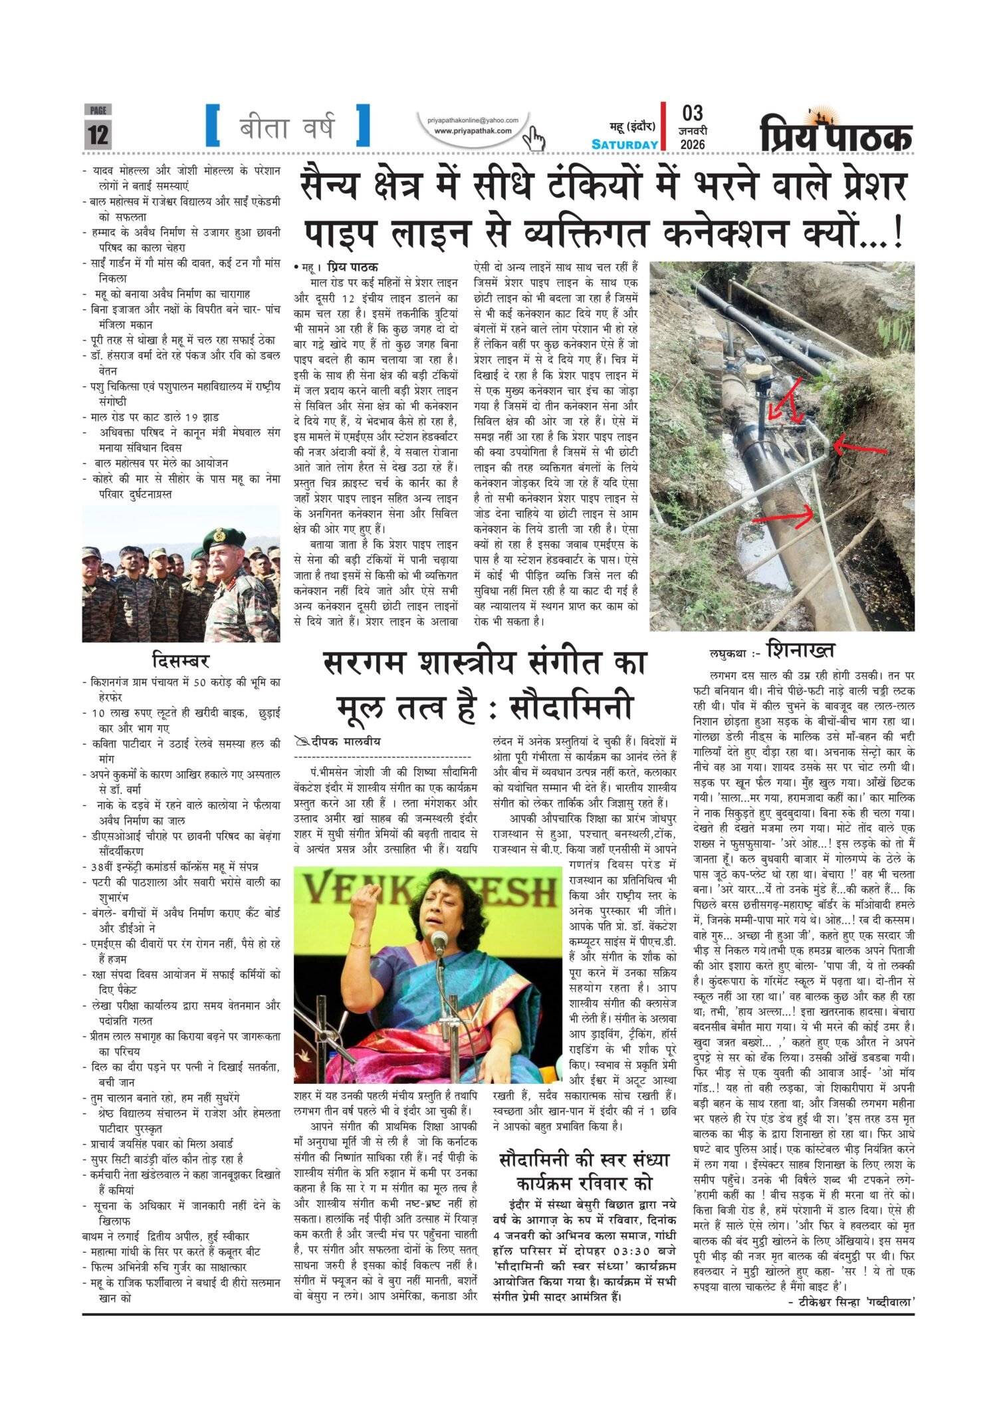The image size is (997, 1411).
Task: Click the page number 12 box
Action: (x=98, y=134)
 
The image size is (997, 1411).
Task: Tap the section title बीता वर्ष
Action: (x=287, y=126)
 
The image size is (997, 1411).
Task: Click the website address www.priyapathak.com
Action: (x=473, y=131)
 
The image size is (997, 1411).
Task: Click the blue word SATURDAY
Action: (x=625, y=144)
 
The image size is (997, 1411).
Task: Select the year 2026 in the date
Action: (x=692, y=144)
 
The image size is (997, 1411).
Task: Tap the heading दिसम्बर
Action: (x=180, y=662)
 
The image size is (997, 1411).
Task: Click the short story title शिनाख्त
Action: (x=800, y=649)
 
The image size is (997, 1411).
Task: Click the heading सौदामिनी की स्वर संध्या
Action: (x=584, y=1160)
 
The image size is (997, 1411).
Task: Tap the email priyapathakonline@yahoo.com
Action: (x=473, y=120)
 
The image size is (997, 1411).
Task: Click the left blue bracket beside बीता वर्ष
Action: (x=213, y=125)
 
